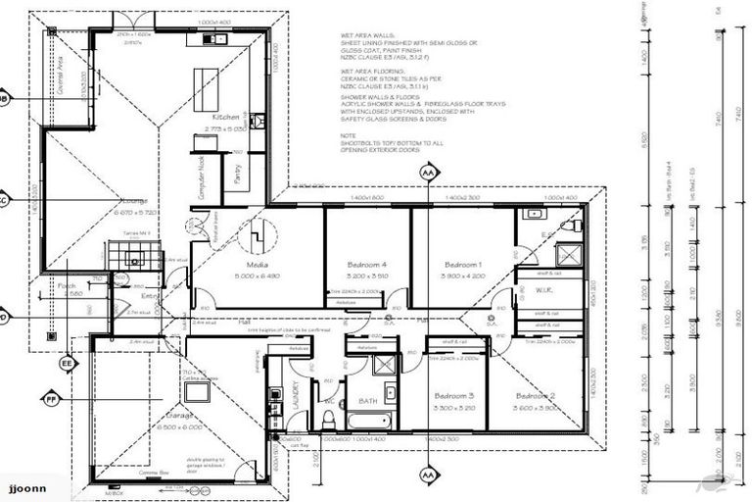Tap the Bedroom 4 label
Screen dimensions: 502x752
[367, 265]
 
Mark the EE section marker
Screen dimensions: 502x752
[68, 364]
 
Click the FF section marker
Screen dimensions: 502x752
[51, 399]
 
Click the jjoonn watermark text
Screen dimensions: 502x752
[26, 487]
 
